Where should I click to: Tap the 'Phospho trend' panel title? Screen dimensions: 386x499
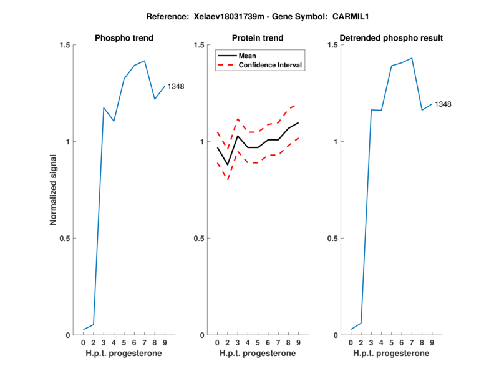pyautogui.click(x=124, y=38)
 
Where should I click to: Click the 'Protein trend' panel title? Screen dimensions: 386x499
pyautogui.click(x=258, y=38)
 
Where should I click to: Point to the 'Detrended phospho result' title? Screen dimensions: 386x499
pyautogui.click(x=391, y=38)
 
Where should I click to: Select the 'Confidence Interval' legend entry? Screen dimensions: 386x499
pyautogui.click(x=271, y=65)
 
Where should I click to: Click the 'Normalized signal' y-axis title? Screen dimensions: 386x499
pyautogui.click(x=54, y=190)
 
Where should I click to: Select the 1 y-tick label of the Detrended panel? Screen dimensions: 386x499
pyautogui.click(x=334, y=142)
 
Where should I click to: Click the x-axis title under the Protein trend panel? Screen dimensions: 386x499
pyautogui.click(x=258, y=354)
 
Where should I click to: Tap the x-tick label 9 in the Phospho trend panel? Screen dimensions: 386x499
pyautogui.click(x=165, y=343)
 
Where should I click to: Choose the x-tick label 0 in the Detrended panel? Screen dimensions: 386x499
pyautogui.click(x=351, y=343)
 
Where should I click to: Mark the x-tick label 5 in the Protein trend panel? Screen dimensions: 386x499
pyautogui.click(x=258, y=343)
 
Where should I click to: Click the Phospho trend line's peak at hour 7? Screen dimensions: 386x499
pyautogui.click(x=144, y=61)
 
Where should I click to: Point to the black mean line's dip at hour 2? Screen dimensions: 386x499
pyautogui.click(x=228, y=165)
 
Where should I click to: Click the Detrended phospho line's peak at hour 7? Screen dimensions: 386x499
pyautogui.click(x=411, y=58)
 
